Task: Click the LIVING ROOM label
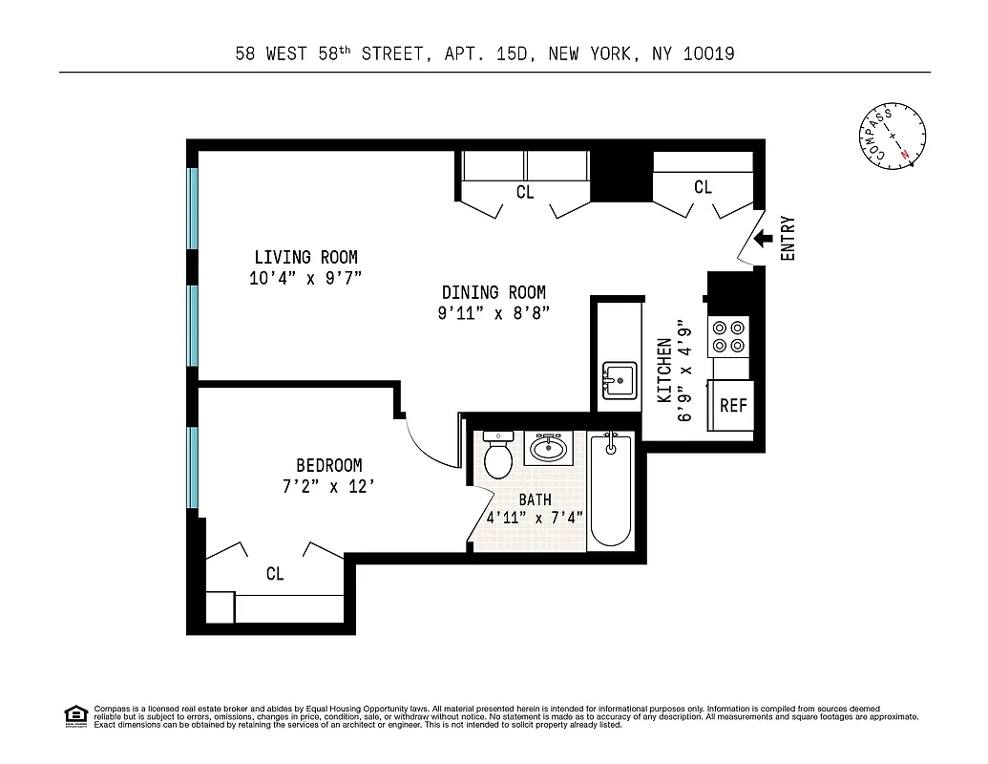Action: click(x=305, y=257)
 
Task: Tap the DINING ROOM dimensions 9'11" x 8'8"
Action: click(x=494, y=313)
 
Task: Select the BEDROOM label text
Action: click(x=328, y=465)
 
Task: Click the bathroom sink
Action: click(x=549, y=447)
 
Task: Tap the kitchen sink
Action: click(x=619, y=380)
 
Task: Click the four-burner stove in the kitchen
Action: click(x=730, y=336)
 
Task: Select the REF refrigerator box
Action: click(x=732, y=405)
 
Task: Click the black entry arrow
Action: click(x=763, y=240)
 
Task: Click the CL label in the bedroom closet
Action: click(x=275, y=574)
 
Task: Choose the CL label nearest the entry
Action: click(x=703, y=187)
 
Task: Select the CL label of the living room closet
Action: click(x=525, y=192)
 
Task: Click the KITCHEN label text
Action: click(x=664, y=370)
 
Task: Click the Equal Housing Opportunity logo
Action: click(x=74, y=715)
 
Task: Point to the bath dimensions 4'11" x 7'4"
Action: click(x=535, y=519)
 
